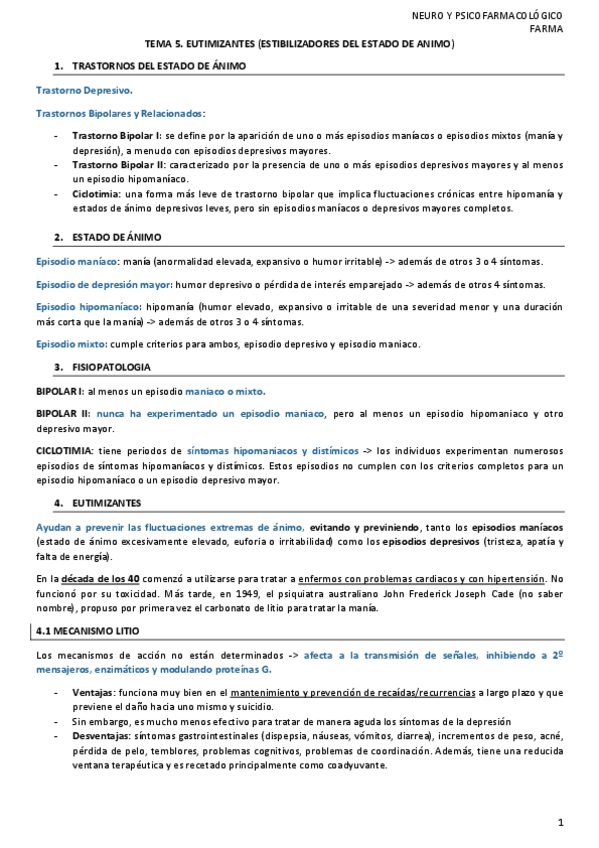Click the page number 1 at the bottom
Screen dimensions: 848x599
pyautogui.click(x=562, y=823)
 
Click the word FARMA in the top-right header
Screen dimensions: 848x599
pyautogui.click(x=546, y=29)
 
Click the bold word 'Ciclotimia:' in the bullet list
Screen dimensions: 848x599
pyautogui.click(x=96, y=193)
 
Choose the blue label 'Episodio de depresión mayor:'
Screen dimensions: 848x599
pyautogui.click(x=105, y=284)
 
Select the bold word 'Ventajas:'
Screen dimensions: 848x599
pyautogui.click(x=93, y=692)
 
